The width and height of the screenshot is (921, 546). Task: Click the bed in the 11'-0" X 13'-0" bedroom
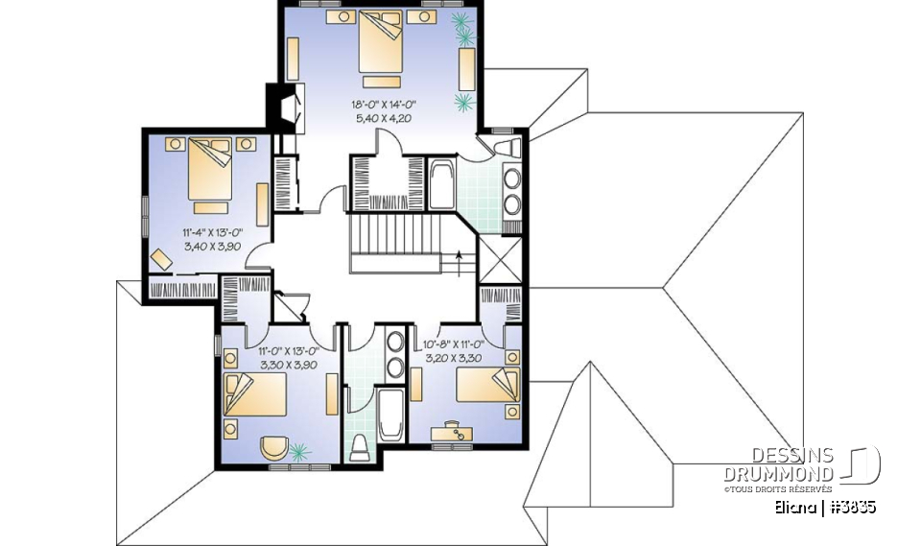coord(255,394)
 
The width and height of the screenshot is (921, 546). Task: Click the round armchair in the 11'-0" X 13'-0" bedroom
coord(273,448)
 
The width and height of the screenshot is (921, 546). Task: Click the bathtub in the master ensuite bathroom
coord(442,184)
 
